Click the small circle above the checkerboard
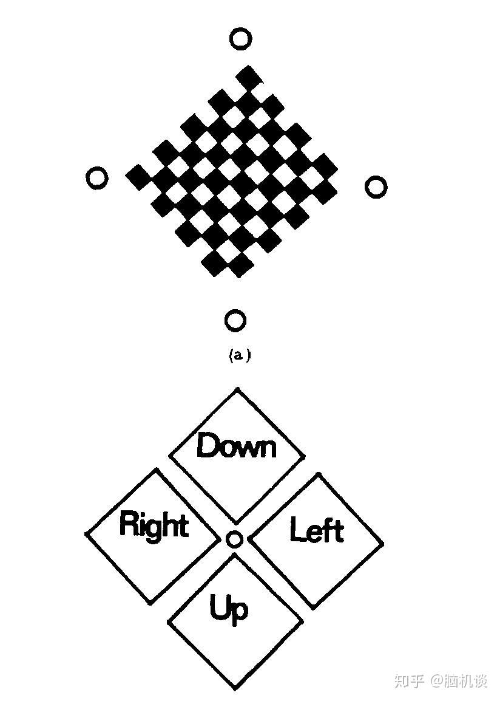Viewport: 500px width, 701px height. click(240, 39)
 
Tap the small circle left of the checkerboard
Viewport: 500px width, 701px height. click(97, 178)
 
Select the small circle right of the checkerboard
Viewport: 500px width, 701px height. click(376, 186)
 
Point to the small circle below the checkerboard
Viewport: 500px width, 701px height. click(235, 320)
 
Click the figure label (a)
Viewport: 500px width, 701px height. click(239, 355)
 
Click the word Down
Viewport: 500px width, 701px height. click(237, 446)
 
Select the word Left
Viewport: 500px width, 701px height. click(317, 530)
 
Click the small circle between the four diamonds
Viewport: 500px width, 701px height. click(234, 539)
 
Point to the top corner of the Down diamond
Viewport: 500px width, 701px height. click(237, 389)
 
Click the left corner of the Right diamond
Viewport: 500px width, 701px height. click(86, 535)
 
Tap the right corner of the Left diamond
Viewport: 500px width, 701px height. click(382, 542)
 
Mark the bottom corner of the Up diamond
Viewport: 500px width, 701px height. click(235, 689)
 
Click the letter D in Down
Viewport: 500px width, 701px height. click(207, 445)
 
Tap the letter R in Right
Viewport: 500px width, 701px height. click(127, 524)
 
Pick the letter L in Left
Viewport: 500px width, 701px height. click(297, 529)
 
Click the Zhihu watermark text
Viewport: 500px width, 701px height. click(441, 680)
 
